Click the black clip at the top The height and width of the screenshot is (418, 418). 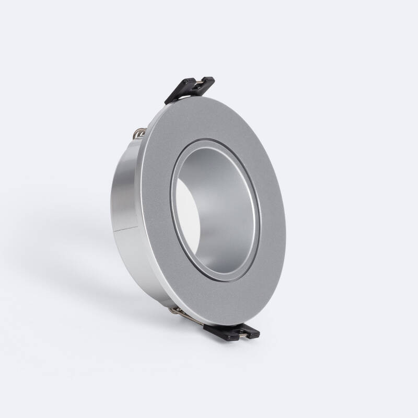coord(190,89)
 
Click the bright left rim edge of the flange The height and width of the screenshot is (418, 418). coord(140,209)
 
